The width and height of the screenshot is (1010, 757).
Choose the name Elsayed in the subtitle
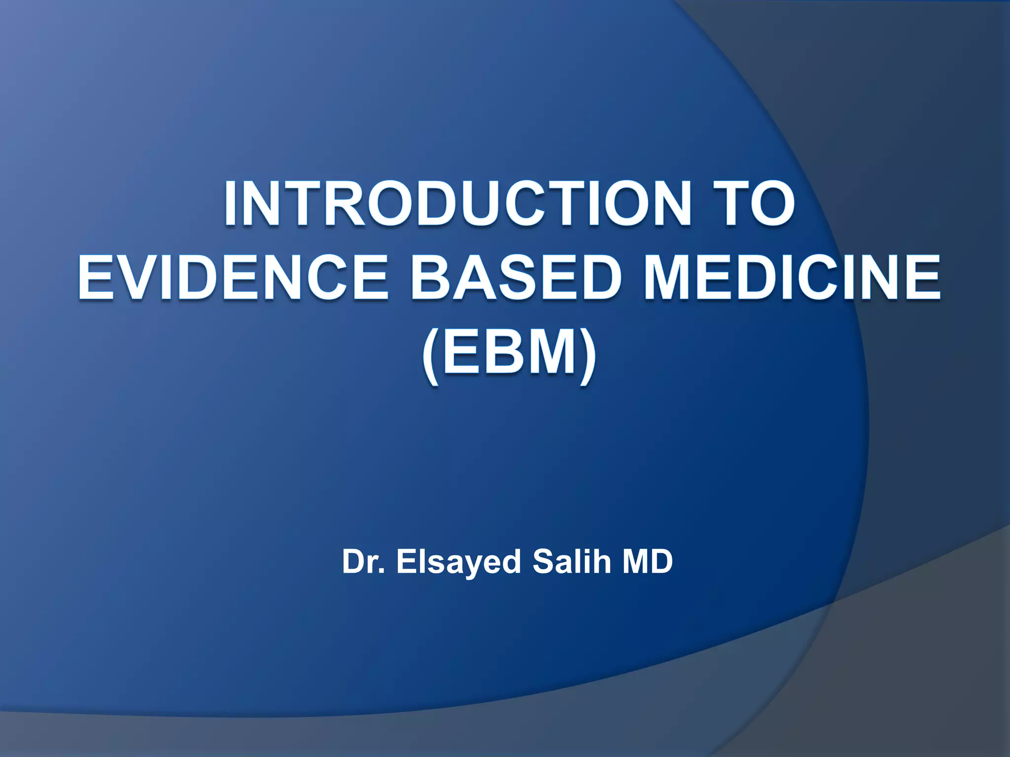(x=458, y=561)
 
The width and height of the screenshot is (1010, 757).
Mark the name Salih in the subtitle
(x=572, y=561)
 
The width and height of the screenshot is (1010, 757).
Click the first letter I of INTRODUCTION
(x=232, y=204)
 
